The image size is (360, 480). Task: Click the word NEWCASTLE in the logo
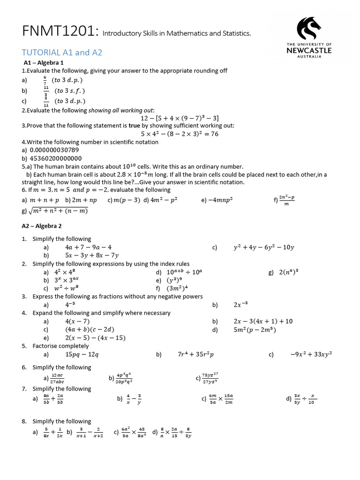pos(308,51)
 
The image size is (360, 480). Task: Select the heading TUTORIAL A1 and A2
pos(62,52)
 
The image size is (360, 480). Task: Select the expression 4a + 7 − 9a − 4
pos(89,247)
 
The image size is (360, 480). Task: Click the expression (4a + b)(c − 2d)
pos(90,329)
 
